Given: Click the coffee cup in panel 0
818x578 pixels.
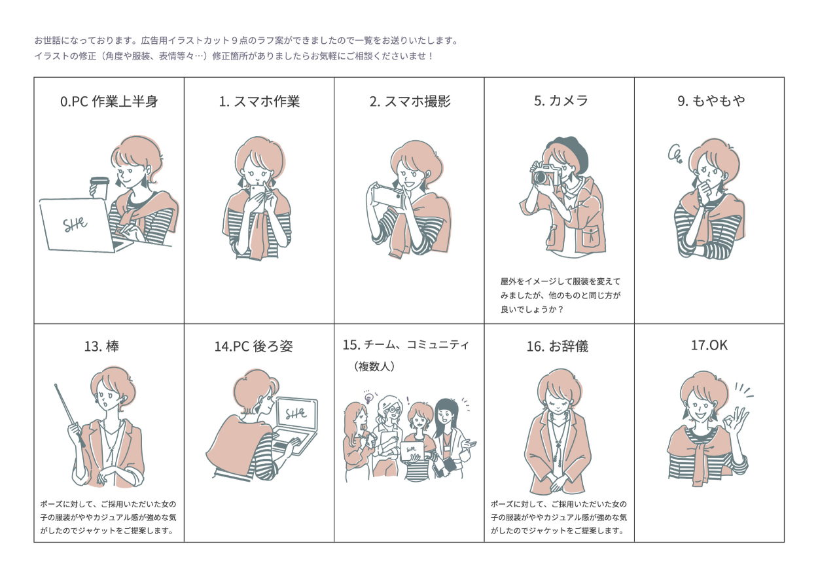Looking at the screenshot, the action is [99, 188].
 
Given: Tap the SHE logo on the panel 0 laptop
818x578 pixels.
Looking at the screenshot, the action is [75, 225].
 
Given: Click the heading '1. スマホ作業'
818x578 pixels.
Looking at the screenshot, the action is [259, 101].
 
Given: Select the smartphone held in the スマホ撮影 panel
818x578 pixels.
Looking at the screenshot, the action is [387, 197].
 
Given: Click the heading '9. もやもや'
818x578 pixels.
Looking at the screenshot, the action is [711, 101].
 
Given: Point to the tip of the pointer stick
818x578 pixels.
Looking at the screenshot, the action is [56, 385].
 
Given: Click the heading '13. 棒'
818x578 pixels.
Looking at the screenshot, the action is [101, 346].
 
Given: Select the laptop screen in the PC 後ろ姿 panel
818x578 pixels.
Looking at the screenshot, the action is [297, 414].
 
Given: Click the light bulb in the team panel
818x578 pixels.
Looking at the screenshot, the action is [368, 398].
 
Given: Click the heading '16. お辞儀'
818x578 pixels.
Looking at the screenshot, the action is [558, 346].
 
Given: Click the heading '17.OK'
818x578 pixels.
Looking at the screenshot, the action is [709, 345].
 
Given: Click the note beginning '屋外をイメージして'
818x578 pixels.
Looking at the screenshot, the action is [560, 295].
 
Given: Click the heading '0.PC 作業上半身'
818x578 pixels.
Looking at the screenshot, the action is [109, 101].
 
